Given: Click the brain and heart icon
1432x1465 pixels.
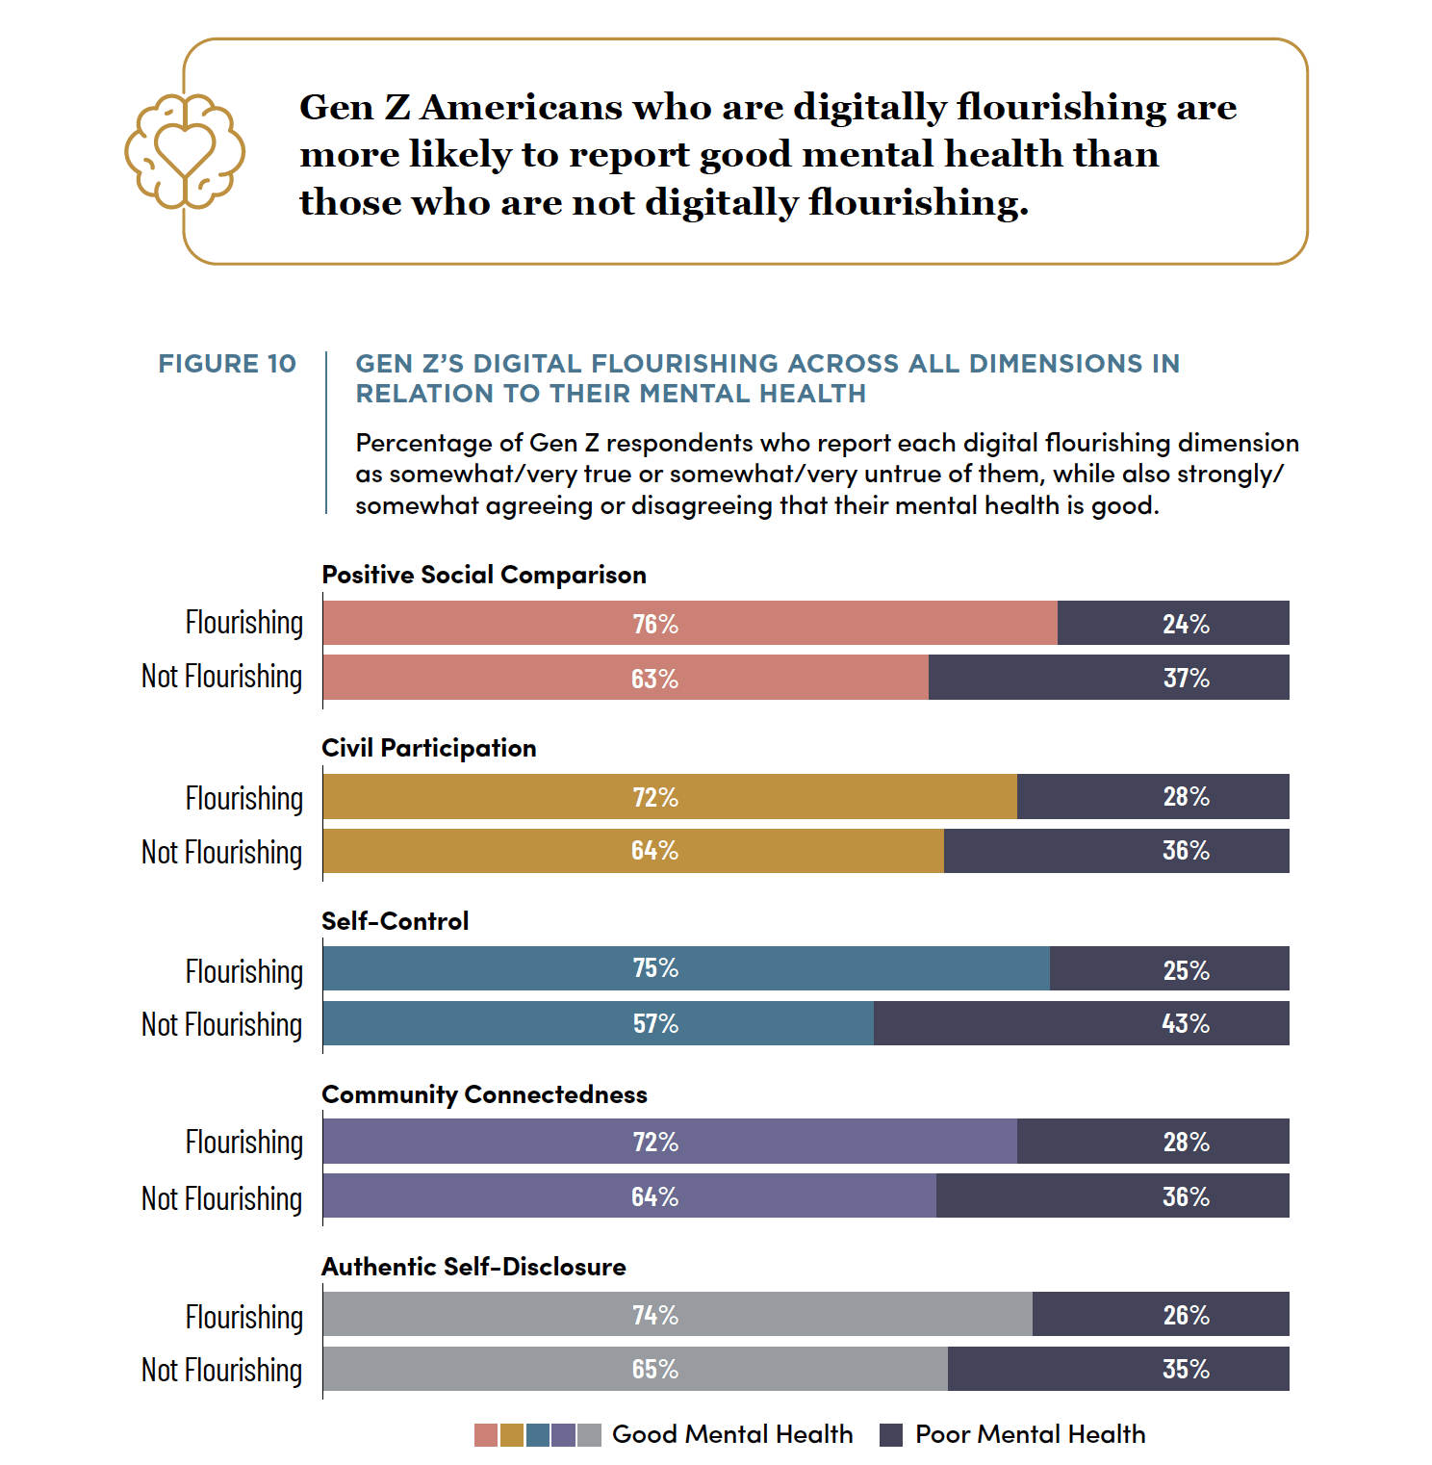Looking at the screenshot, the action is tap(185, 151).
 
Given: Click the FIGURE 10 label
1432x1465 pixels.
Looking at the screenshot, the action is tap(227, 364).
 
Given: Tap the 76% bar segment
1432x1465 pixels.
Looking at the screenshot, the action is tap(690, 623).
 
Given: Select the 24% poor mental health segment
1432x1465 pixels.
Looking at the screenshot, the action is tap(1173, 623).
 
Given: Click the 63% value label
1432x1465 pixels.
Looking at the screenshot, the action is tap(654, 679).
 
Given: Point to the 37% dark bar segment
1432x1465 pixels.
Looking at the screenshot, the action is tap(1109, 678).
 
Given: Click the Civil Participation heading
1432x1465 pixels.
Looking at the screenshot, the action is tap(429, 748).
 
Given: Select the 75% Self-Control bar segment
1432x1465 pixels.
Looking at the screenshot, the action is tap(686, 968).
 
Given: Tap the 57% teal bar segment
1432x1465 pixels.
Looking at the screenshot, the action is tap(599, 1023).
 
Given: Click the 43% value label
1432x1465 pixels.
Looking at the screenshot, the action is tap(1186, 1023).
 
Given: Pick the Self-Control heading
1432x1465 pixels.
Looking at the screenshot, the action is tap(396, 921).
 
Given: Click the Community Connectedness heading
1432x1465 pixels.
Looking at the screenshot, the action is tap(485, 1094).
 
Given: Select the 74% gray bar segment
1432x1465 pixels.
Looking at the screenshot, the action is tap(678, 1314).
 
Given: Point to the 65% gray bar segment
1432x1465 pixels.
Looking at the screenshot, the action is tap(635, 1369).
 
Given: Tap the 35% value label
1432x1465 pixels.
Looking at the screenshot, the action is tap(1186, 1369).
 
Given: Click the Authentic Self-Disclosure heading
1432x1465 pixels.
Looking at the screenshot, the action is tap(474, 1267).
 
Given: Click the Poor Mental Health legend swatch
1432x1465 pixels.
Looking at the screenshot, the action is tap(891, 1435).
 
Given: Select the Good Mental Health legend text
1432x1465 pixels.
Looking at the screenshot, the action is tap(732, 1434).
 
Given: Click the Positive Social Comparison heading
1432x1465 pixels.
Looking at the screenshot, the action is tap(484, 575).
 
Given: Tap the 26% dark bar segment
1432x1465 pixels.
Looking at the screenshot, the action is tap(1161, 1314).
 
